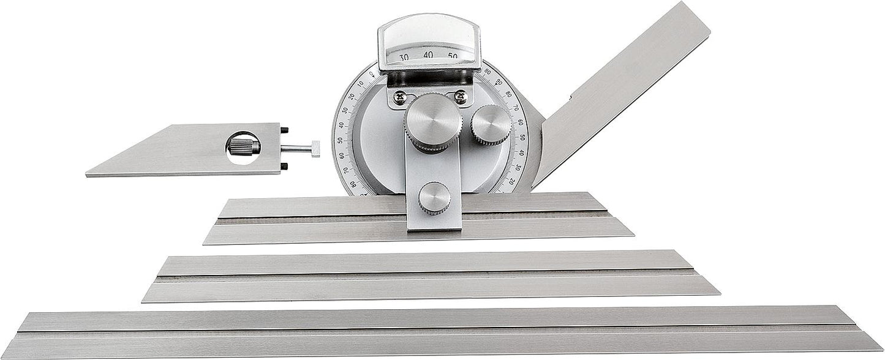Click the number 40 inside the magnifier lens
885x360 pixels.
tap(428, 55)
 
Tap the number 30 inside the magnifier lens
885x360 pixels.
tap(404, 58)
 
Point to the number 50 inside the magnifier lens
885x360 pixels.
tap(453, 57)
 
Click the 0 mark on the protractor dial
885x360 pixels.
tap(371, 75)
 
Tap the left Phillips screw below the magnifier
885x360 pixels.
tap(400, 96)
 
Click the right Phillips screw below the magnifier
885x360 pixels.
tap(460, 96)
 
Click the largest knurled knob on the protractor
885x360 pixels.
tap(432, 122)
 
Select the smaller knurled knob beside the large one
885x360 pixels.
tap(491, 125)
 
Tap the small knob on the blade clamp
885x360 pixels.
tap(435, 198)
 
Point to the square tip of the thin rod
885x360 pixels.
tap(315, 149)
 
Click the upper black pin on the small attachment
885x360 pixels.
tap(285, 129)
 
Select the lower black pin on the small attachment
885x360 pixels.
tap(285, 167)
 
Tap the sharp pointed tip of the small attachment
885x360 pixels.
tap(87, 175)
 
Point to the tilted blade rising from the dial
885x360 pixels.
tap(625, 92)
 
